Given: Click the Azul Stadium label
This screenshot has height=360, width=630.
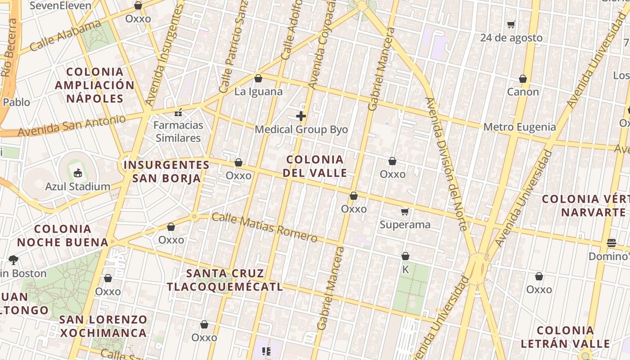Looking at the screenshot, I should [x=77, y=186].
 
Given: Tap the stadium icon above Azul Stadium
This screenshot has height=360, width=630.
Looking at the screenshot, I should [x=77, y=172].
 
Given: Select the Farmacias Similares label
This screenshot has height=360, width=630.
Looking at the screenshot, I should [x=178, y=131].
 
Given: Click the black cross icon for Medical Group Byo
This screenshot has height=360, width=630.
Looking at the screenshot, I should [x=301, y=117].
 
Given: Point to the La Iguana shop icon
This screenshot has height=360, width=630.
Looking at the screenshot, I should [x=258, y=79].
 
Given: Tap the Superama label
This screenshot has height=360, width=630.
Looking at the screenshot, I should [x=405, y=224].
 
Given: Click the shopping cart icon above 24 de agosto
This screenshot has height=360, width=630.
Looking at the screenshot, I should [x=511, y=25].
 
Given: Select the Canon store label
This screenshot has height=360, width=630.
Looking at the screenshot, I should [x=522, y=92].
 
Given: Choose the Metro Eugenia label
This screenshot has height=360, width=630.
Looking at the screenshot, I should [x=519, y=127].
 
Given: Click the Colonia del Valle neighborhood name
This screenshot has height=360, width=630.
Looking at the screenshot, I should [x=315, y=166].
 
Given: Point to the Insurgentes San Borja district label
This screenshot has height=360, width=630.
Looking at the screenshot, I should [x=166, y=171].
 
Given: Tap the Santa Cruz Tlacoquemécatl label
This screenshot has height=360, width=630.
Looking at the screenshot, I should [x=225, y=280].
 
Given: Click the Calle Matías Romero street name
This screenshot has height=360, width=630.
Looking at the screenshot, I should [x=264, y=227].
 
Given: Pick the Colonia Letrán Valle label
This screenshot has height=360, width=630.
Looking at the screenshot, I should [x=565, y=337].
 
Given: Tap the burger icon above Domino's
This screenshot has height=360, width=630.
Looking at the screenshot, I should [x=611, y=243].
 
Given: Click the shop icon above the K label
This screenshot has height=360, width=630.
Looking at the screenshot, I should [x=405, y=256].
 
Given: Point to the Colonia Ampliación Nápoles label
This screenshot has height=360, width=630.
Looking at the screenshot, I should [x=95, y=85].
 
